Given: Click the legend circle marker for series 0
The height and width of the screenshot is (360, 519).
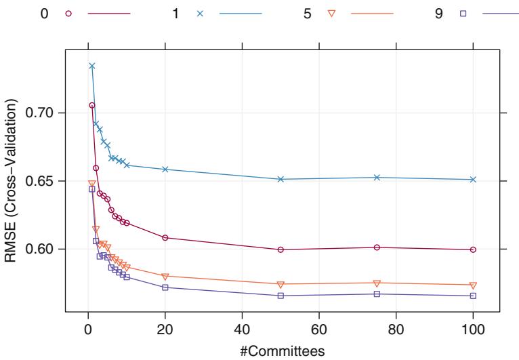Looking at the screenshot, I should [68, 14].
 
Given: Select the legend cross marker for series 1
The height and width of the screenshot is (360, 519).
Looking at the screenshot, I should [200, 14].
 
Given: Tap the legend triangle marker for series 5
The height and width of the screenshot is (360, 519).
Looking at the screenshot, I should [331, 14].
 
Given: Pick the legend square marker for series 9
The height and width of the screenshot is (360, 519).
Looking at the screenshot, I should [463, 14].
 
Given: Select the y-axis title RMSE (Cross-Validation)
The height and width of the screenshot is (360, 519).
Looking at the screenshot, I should [12, 181].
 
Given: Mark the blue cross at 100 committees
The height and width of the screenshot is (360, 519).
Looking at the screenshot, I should [473, 180].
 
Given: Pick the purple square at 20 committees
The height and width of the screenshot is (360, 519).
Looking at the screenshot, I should [165, 287].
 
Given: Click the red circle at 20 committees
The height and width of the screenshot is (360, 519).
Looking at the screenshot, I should [165, 237].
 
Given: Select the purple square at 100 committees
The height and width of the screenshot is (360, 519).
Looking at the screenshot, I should [473, 296].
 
